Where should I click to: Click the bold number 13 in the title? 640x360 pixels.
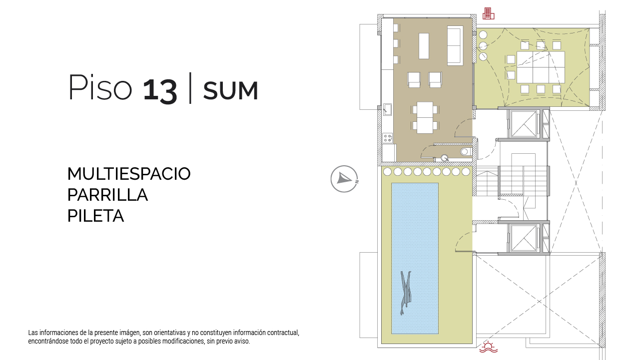(x=160, y=90)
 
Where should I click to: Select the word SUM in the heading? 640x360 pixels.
(x=231, y=91)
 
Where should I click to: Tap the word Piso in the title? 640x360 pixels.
(x=100, y=87)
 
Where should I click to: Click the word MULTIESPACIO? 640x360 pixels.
(x=129, y=174)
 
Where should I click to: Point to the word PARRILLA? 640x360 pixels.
(x=108, y=195)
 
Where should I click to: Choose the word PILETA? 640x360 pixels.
(x=96, y=216)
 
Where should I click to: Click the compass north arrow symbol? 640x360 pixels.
(x=344, y=179)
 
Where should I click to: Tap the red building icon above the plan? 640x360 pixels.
(x=488, y=13)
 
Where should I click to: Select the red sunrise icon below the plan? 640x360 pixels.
(x=489, y=347)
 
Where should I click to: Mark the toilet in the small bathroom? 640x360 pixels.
(x=466, y=152)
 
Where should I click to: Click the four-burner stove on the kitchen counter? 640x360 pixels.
(x=388, y=138)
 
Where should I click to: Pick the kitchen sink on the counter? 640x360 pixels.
(x=387, y=109)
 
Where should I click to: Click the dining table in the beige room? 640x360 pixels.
(x=425, y=118)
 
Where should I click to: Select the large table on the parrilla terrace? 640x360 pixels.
(x=541, y=67)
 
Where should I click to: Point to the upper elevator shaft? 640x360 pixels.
(x=524, y=124)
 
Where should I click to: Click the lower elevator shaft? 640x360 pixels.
(x=524, y=238)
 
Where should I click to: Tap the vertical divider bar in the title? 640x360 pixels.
(x=190, y=88)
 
